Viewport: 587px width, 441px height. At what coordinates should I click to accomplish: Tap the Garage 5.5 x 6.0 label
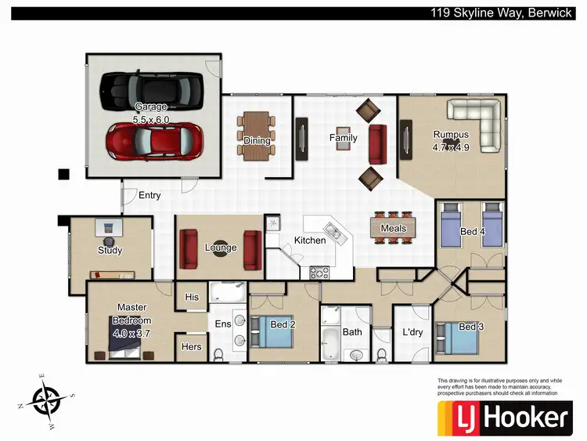tap(151, 113)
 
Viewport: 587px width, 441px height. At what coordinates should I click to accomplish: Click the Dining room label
tap(256, 141)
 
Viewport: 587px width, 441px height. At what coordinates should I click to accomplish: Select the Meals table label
tap(393, 229)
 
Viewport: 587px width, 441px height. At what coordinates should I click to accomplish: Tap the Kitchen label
tap(310, 240)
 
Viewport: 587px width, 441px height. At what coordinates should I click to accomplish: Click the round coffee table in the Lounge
tap(221, 248)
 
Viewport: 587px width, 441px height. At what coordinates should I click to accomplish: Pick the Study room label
tap(110, 251)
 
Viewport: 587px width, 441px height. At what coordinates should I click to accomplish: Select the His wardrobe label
tap(192, 298)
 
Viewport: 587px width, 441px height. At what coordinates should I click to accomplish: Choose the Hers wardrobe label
tap(191, 346)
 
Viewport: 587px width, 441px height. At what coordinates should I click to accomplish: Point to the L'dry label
tap(412, 332)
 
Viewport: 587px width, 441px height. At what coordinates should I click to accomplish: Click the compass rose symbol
tap(45, 401)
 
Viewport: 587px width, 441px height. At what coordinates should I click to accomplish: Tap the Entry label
tap(149, 195)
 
